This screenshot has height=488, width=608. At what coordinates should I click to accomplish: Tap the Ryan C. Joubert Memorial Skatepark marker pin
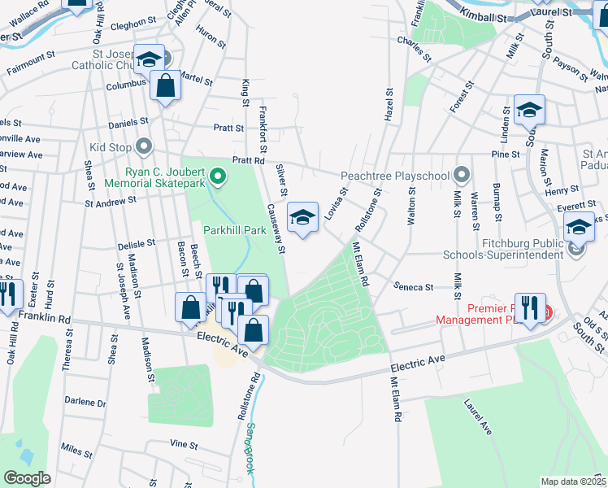click(217, 175)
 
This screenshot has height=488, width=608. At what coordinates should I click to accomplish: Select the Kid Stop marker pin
click(145, 147)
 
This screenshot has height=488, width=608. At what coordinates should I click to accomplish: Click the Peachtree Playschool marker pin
click(463, 175)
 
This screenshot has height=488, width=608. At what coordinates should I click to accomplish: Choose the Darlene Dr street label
click(85, 403)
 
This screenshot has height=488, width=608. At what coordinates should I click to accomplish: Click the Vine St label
click(184, 444)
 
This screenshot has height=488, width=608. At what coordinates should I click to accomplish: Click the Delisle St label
click(136, 243)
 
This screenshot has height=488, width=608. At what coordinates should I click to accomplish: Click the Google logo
click(27, 478)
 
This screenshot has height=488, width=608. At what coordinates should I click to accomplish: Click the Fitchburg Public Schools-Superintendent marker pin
click(578, 248)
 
